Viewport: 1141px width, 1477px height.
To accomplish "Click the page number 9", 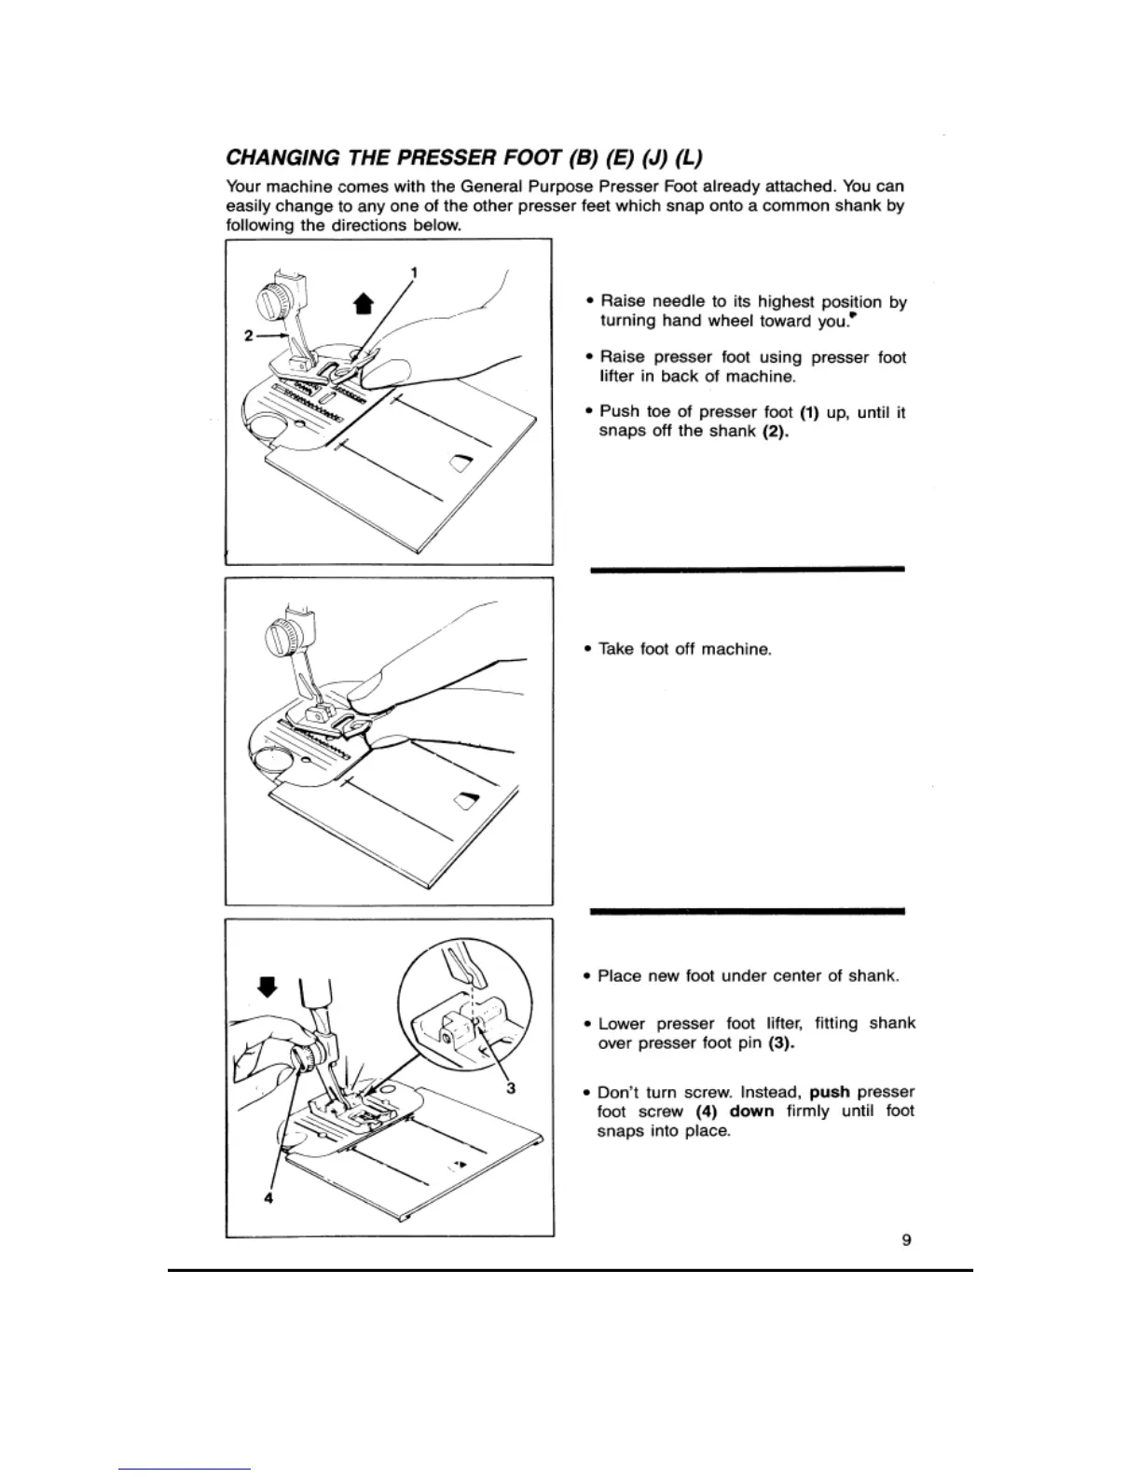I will tap(906, 1239).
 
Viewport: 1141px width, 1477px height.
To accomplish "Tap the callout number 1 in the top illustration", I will tap(414, 272).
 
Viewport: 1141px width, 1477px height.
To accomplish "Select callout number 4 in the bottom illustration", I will tap(268, 1199).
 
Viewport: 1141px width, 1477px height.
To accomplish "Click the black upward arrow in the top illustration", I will tap(364, 303).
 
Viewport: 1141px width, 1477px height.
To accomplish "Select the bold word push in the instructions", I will tap(830, 1091).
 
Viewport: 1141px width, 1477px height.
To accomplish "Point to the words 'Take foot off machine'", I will tap(685, 649).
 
